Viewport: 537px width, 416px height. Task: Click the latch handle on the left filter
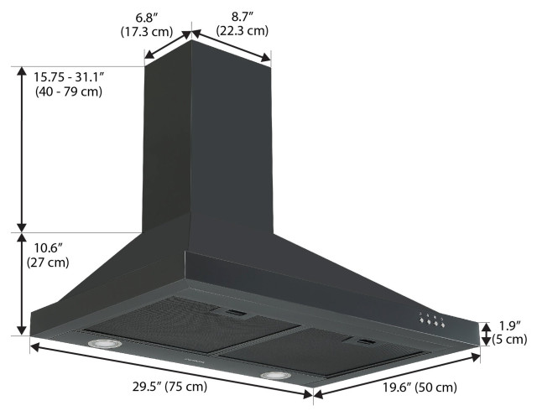coord(234,314)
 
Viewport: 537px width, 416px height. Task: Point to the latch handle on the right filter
coord(364,341)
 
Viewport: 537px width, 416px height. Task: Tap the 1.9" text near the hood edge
coord(510,325)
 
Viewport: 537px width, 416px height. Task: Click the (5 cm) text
coord(510,340)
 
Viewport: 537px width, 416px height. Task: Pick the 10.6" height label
coord(48,248)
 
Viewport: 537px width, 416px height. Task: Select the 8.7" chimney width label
coord(242,16)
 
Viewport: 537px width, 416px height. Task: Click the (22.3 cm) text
coord(242,31)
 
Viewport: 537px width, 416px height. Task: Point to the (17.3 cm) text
coord(139,32)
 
